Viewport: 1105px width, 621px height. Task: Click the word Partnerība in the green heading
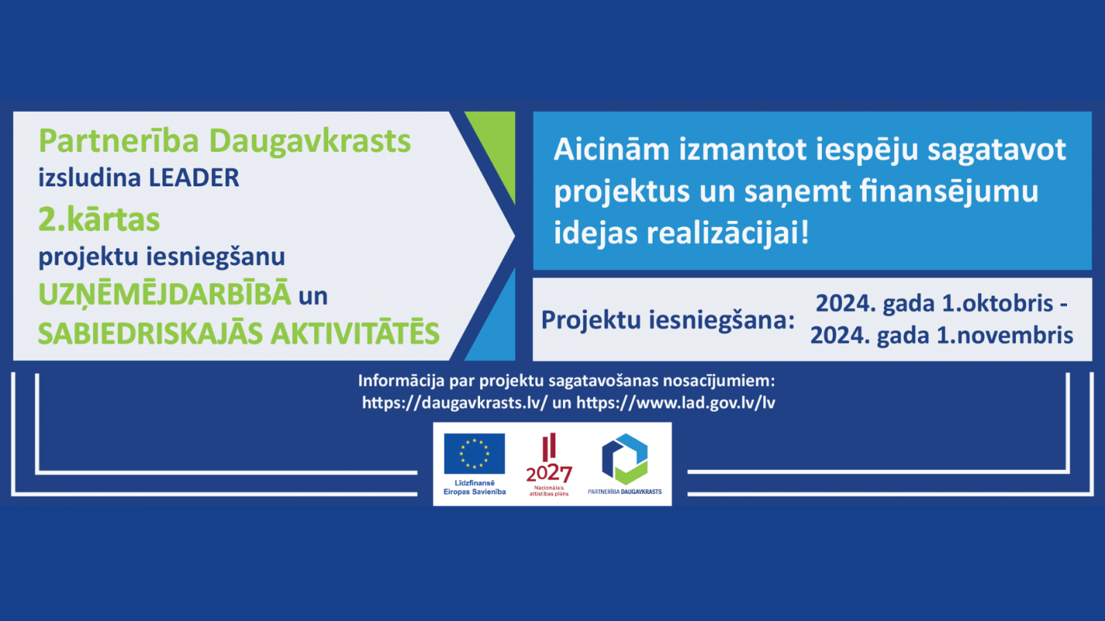tap(118, 141)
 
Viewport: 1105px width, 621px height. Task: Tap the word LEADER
tap(194, 177)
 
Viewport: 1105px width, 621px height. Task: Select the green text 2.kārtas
tap(99, 219)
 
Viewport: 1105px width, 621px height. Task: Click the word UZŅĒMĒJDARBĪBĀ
tap(165, 294)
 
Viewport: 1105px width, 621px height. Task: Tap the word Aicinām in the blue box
tap(611, 149)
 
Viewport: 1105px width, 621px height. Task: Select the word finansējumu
tap(949, 192)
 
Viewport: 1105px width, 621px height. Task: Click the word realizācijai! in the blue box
tap(728, 233)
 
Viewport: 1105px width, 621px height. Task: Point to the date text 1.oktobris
tap(997, 303)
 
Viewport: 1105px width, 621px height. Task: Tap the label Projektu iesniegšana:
tap(668, 320)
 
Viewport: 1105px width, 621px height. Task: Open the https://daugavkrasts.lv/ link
tap(454, 403)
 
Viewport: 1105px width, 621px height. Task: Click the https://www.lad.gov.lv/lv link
tap(676, 403)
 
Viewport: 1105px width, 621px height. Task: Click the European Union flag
tap(474, 453)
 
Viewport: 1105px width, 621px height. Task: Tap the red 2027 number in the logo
tap(549, 473)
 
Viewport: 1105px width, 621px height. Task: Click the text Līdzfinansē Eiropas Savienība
tap(474, 487)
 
